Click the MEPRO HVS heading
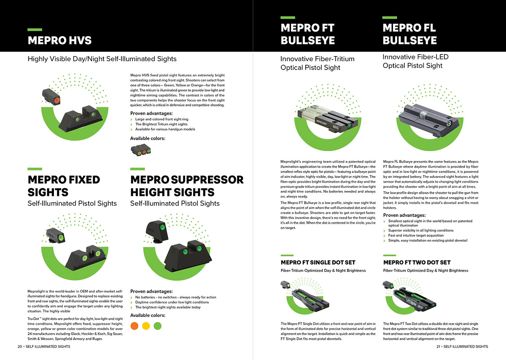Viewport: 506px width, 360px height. (59, 41)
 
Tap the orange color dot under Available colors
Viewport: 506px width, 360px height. (135, 326)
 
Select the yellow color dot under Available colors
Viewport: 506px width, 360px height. (146, 326)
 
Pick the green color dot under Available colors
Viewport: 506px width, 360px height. (157, 326)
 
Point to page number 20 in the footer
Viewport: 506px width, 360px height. (19, 346)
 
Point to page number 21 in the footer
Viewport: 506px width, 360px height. (439, 346)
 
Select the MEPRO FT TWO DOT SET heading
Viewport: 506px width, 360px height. (417, 263)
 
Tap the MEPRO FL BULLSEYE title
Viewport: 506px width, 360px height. (409, 34)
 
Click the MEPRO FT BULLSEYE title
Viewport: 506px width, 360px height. (307, 34)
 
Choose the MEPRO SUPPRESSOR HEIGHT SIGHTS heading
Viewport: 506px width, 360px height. (187, 186)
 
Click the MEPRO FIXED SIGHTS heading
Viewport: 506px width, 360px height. (64, 186)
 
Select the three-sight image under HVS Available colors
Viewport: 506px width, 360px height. (141, 150)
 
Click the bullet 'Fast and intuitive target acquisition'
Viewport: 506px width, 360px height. (415, 235)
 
